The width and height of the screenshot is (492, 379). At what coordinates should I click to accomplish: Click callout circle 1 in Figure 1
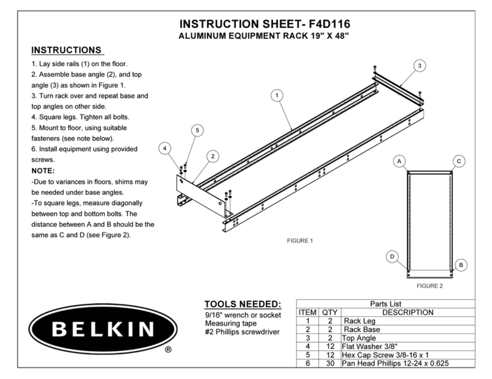tap(277, 96)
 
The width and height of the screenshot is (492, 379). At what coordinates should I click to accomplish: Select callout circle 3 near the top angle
tap(419, 65)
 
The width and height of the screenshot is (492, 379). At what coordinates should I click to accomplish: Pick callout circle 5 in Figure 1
tap(196, 130)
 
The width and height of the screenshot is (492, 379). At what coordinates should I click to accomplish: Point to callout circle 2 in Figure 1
tap(213, 156)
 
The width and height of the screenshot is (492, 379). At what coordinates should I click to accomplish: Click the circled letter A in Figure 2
tap(399, 161)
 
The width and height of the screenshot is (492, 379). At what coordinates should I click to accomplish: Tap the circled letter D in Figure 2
tap(393, 257)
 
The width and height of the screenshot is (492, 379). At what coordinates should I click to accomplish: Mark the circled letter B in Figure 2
tap(462, 264)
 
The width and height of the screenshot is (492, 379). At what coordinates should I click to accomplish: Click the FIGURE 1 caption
tap(300, 240)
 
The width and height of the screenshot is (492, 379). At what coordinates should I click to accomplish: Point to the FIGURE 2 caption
tap(429, 285)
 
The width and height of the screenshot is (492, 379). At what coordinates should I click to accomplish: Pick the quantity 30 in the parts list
tap(326, 364)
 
